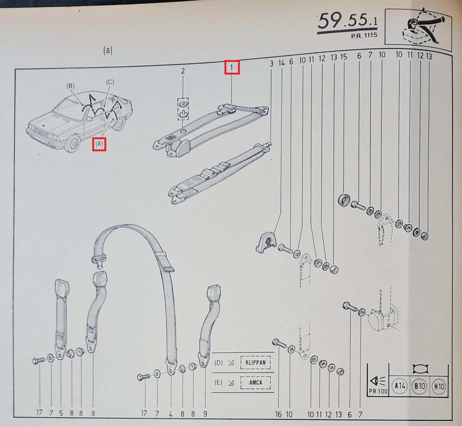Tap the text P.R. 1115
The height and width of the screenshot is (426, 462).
pyautogui.click(x=364, y=36)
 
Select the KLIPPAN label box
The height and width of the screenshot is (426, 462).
pyautogui.click(x=256, y=362)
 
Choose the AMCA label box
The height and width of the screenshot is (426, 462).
pyautogui.click(x=256, y=382)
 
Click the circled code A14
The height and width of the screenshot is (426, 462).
pyautogui.click(x=400, y=386)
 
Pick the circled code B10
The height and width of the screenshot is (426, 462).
pyautogui.click(x=419, y=386)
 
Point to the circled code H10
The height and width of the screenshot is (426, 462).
pyautogui.click(x=439, y=386)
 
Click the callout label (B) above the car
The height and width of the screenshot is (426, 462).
pyautogui.click(x=70, y=86)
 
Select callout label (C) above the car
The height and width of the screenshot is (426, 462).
pyautogui.click(x=110, y=82)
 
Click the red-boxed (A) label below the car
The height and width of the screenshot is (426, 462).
pyautogui.click(x=99, y=144)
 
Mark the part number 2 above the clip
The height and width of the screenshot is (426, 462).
pyautogui.click(x=183, y=71)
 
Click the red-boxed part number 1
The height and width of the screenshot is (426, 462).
pyautogui.click(x=232, y=67)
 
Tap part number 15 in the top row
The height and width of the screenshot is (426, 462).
pyautogui.click(x=344, y=57)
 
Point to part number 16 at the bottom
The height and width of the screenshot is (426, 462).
pyautogui.click(x=278, y=414)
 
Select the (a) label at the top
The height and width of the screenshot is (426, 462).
pyautogui.click(x=108, y=50)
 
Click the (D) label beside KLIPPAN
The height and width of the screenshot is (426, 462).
pyautogui.click(x=218, y=363)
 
